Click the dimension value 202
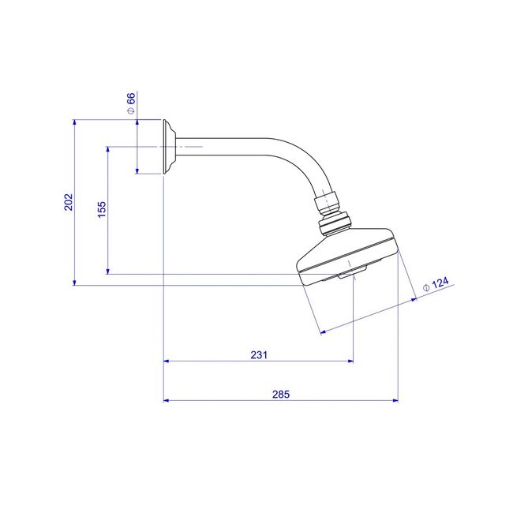point(69,202)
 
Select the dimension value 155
point(102,209)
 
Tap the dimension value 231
point(259,354)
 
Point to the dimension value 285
point(281,394)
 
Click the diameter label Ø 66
point(130,103)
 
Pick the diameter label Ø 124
point(436,284)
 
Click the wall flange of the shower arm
point(169,147)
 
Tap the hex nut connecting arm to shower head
point(325,203)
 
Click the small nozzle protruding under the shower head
point(352,272)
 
